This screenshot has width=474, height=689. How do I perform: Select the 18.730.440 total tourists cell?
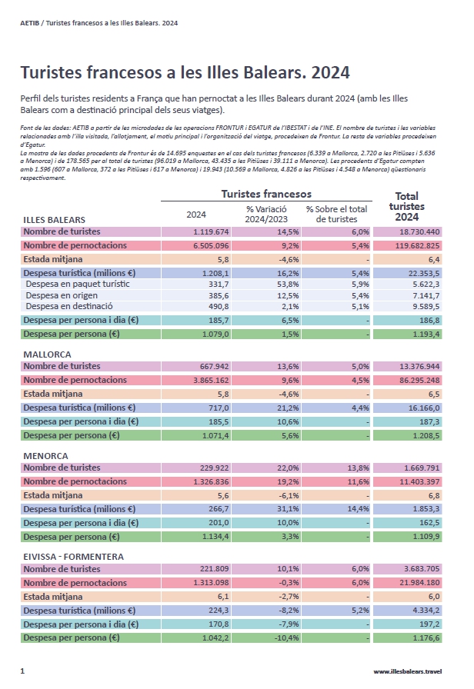[419, 231]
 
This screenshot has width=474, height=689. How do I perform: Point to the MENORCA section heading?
[46, 456]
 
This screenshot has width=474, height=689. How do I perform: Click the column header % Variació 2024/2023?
[265, 214]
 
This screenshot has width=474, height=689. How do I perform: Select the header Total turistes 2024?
[406, 206]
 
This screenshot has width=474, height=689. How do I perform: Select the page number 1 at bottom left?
[22, 671]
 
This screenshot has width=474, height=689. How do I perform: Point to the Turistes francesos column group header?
[266, 195]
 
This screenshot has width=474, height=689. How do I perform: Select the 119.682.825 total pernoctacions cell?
[416, 245]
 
